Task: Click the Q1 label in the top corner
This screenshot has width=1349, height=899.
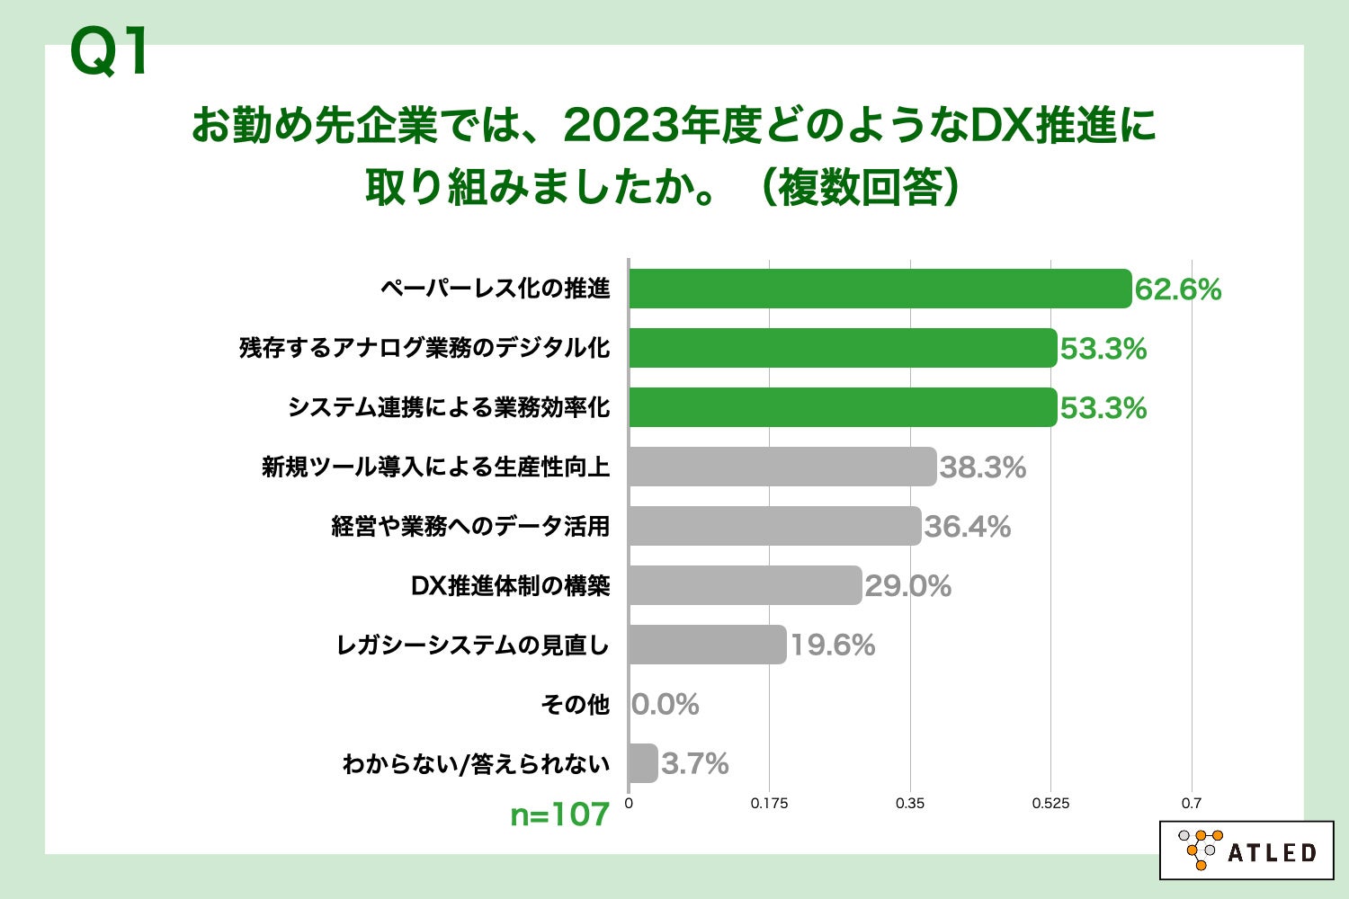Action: point(109,53)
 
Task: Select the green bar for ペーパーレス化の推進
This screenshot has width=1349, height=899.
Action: point(880,289)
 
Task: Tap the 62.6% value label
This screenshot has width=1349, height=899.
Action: point(1177,289)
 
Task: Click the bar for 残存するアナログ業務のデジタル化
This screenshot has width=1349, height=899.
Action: point(843,348)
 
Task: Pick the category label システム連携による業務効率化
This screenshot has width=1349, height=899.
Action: point(448,407)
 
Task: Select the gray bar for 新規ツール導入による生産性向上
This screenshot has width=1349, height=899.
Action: point(782,467)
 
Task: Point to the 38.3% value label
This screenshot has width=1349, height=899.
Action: point(982,467)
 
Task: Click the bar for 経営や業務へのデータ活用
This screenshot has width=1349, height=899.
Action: point(774,526)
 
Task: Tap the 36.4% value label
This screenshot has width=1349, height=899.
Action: point(967,527)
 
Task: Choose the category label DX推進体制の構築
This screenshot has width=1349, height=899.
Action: point(510,585)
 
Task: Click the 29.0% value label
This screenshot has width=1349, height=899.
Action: point(907,586)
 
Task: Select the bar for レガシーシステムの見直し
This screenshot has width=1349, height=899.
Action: point(708,645)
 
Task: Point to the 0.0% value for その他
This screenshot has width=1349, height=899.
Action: point(666,705)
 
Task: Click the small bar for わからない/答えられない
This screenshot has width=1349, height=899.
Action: point(643,763)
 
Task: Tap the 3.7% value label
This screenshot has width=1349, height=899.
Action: point(694,764)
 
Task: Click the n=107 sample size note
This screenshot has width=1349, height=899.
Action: point(559,814)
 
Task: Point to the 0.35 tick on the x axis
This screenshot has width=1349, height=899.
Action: point(910,804)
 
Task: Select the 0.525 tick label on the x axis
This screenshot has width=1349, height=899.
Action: point(1050,804)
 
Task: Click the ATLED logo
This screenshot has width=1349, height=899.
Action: point(1246,850)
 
